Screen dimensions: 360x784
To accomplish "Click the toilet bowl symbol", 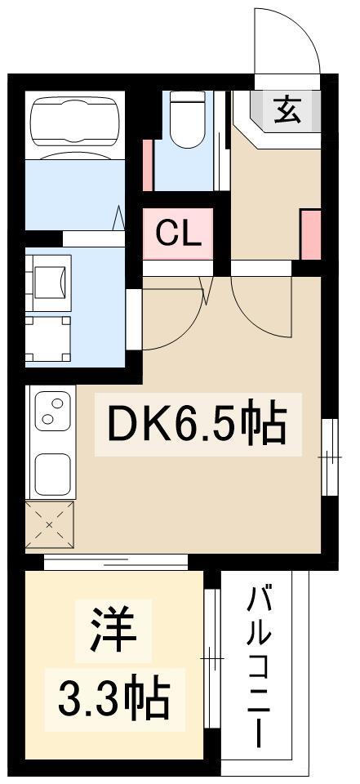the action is click(187, 119).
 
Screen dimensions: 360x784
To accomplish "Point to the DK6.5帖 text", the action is click(198, 424).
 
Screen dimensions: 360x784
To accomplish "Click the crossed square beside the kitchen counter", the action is click(50, 525).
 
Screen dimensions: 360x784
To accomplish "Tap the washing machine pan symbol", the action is click(48, 338).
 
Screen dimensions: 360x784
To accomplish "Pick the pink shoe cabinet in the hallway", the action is click(310, 235).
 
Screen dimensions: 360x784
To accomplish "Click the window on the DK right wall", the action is click(330, 457).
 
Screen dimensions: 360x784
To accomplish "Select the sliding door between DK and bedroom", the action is click(115, 562).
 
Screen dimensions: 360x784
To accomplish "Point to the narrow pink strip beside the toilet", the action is click(148, 166).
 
